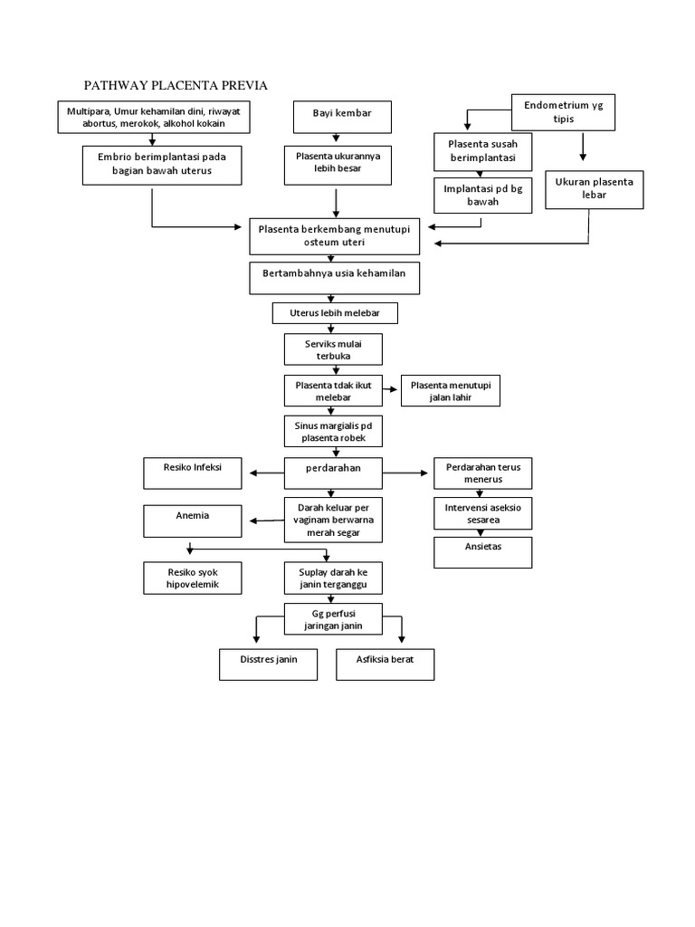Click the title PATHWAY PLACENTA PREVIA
point(176,85)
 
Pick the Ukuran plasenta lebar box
point(595,188)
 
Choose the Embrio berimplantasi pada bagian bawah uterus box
point(163,164)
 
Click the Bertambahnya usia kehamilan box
point(335,278)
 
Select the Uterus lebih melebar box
point(335,313)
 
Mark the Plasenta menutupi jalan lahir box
point(450,391)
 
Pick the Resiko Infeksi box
point(193,473)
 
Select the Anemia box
point(193,521)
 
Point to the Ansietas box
point(482,551)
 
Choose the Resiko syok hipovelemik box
point(193,578)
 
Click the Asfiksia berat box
point(386,664)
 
